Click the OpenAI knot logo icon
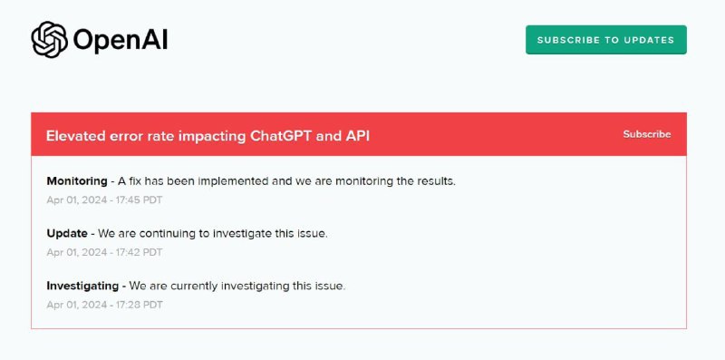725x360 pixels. tap(49, 39)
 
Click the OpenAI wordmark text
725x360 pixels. tap(120, 40)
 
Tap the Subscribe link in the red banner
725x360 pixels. tap(646, 134)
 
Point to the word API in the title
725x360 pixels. tap(356, 136)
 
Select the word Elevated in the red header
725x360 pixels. tap(79, 136)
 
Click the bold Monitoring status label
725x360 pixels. tap(76, 180)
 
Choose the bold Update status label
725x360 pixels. tap(67, 233)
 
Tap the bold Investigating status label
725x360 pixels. tap(82, 286)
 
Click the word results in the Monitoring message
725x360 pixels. tap(434, 180)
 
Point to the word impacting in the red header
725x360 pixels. tap(220, 136)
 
